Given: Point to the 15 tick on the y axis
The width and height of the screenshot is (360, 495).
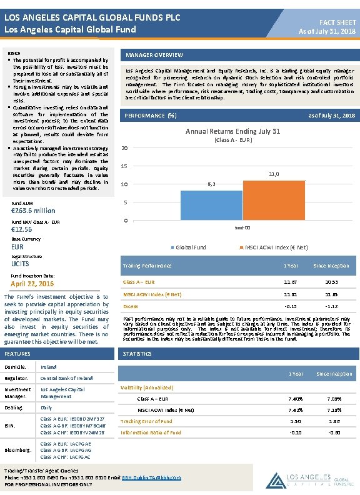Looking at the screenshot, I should click(x=125, y=166).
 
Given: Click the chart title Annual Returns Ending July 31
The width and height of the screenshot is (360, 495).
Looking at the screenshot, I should click(x=233, y=131).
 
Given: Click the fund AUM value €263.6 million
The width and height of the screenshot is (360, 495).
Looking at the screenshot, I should click(x=34, y=211).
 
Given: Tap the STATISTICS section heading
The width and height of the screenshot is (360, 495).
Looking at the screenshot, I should click(x=137, y=354).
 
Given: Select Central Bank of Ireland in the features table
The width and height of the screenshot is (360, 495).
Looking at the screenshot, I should click(x=67, y=378).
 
